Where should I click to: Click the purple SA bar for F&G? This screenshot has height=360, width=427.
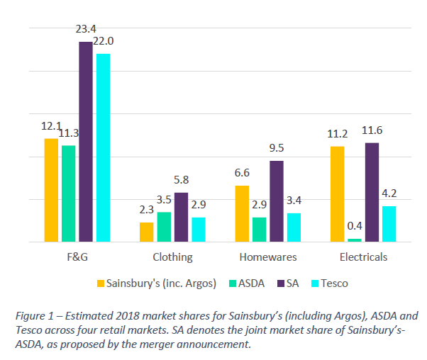click(85, 142)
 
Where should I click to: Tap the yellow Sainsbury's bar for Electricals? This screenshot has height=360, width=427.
click(337, 194)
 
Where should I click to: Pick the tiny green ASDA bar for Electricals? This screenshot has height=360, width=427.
click(355, 240)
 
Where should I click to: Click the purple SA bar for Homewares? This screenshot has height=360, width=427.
click(276, 201)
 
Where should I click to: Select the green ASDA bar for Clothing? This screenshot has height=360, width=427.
click(164, 227)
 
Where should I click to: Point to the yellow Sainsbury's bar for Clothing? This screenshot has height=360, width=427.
click(146, 232)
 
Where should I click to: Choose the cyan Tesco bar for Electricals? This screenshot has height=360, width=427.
click(389, 224)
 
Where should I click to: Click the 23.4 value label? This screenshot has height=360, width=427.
click(86, 30)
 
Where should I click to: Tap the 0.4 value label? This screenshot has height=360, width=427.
click(355, 227)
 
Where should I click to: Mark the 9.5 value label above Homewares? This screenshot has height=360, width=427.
click(277, 148)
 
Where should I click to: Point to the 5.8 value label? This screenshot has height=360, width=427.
click(181, 180)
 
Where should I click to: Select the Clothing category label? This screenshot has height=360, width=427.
click(172, 257)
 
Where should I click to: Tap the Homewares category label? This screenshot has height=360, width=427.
click(267, 257)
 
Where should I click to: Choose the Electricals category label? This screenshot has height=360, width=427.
click(363, 257)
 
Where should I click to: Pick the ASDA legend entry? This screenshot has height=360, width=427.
click(246, 283)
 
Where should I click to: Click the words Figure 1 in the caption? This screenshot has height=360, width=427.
click(36, 316)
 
